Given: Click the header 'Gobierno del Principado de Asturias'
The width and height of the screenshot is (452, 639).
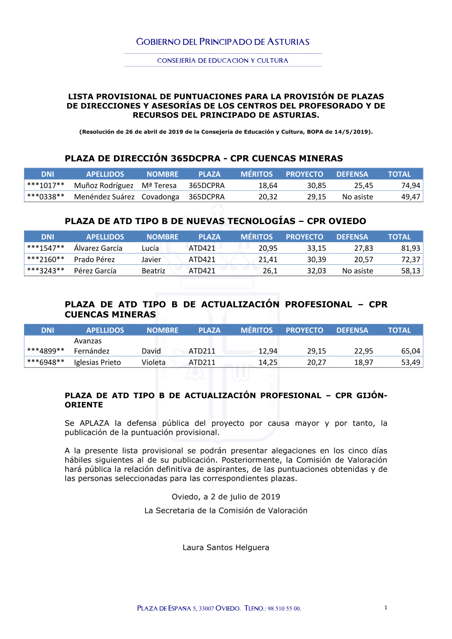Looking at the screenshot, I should click(x=223, y=42).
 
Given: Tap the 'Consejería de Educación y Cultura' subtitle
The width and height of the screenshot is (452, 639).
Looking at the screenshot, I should click(x=222, y=61).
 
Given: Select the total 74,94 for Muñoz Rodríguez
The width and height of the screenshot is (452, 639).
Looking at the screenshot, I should click(x=410, y=185).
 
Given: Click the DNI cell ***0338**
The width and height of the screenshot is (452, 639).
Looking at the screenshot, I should click(x=46, y=197).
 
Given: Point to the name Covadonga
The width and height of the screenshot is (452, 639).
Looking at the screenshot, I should click(x=160, y=197).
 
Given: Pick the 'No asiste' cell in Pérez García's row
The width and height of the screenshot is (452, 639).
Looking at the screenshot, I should click(x=358, y=271).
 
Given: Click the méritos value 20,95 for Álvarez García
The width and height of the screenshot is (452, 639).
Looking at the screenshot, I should click(x=268, y=248).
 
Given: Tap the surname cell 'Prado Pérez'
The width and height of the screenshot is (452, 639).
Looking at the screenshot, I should click(x=94, y=259).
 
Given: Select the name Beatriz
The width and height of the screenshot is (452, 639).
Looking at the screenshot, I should click(x=153, y=271).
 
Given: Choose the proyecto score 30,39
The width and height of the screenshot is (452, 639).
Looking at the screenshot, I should click(x=316, y=259).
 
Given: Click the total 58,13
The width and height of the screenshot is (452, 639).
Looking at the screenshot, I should click(x=410, y=271).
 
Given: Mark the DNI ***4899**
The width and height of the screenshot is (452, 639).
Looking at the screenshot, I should click(x=46, y=351).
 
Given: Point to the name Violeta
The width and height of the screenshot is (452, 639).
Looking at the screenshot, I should click(x=153, y=362).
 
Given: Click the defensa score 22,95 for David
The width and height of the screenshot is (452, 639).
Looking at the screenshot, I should click(x=363, y=351).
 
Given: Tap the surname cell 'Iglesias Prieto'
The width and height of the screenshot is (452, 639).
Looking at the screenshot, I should click(x=98, y=362).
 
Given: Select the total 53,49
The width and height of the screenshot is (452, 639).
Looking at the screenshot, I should click(x=410, y=362).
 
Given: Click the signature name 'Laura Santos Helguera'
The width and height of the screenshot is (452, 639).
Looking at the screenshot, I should click(x=226, y=547).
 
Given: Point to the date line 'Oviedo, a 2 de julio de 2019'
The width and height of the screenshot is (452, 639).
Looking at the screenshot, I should click(x=226, y=497).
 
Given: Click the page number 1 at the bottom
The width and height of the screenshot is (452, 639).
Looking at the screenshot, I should click(x=386, y=607).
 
